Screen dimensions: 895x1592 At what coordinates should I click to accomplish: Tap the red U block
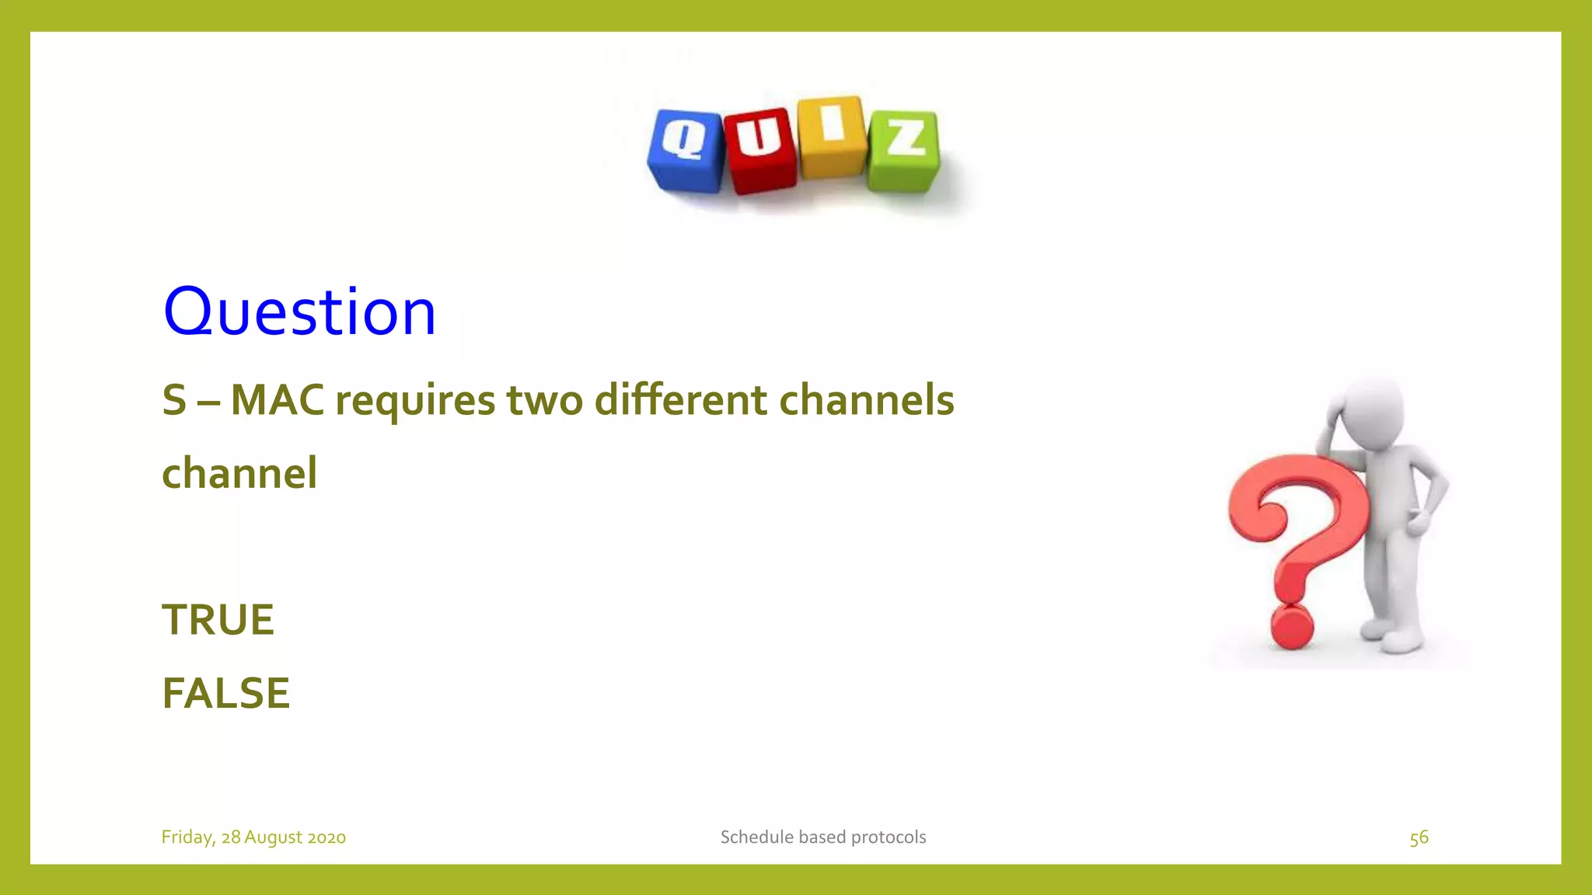760,150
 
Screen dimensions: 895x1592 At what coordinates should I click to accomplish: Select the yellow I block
832,137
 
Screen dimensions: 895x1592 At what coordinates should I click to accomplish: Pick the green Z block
904,151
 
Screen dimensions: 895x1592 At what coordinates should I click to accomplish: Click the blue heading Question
299,312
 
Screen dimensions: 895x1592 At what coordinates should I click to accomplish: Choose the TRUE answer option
218,620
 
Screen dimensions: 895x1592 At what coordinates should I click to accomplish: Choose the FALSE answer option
225,693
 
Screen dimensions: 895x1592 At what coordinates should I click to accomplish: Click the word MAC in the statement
277,400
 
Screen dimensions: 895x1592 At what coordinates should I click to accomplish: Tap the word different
681,400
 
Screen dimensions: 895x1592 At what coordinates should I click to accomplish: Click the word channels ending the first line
866,400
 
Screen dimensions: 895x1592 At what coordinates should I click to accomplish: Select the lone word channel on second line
239,473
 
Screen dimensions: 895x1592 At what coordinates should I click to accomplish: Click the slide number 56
1419,838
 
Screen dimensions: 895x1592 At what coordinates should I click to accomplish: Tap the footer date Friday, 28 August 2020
253,838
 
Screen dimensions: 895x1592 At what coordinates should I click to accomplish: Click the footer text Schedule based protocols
823,838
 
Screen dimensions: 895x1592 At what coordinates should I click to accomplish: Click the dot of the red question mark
1292,626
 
